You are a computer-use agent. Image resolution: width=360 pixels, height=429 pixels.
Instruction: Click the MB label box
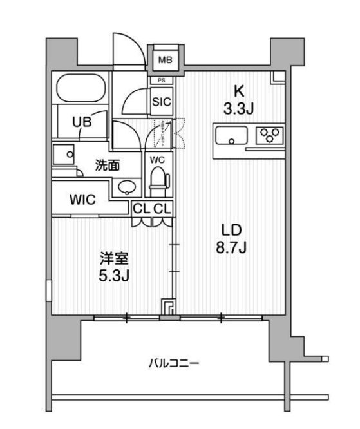166,61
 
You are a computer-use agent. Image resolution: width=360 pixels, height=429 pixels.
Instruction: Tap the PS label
161,81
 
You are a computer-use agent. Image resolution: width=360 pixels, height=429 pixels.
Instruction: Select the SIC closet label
161,100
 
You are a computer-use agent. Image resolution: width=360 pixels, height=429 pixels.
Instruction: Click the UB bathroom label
81,121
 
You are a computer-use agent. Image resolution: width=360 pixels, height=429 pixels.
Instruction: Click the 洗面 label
107,165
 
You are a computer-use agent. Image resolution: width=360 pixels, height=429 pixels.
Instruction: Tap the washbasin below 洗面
126,187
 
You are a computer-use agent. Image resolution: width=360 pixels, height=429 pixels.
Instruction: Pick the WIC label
82,200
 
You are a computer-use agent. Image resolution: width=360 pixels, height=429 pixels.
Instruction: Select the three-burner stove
269,136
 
